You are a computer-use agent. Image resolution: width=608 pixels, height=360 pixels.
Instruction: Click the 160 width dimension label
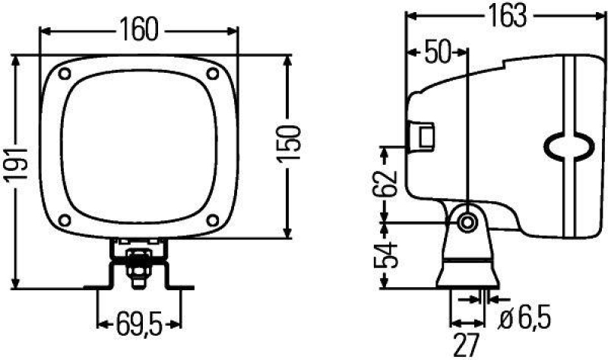pos(138,30)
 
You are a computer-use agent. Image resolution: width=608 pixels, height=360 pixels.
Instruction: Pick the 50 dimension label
pos(437,52)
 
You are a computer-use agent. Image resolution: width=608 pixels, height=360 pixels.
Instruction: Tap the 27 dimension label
pos(468,346)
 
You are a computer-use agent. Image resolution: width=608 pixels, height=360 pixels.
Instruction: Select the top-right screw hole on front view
pos(214,74)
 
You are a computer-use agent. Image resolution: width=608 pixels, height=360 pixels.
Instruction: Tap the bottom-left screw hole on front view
pos(65,221)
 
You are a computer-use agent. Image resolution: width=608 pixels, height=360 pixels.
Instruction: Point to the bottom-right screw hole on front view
pos(214,221)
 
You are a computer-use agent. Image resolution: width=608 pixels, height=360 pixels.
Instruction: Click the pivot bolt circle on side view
pos(466,222)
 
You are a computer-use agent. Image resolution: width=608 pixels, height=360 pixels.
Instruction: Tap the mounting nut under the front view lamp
pos(138,267)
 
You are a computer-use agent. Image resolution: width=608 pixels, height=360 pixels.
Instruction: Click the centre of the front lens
pos(139,147)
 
